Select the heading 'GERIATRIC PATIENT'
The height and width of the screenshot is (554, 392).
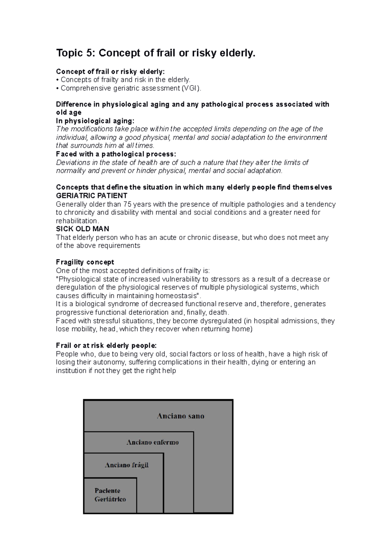click(91, 196)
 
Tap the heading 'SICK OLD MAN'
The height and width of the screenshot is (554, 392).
click(82, 229)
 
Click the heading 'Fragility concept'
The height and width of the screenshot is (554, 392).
click(85, 262)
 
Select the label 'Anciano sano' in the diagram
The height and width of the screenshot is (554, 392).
click(180, 416)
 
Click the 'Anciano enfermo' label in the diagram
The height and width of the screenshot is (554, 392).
click(153, 442)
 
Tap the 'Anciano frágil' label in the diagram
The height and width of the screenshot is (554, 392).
click(126, 465)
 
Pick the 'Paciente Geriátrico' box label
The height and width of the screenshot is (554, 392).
click(110, 495)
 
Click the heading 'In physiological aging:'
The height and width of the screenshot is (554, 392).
click(95, 121)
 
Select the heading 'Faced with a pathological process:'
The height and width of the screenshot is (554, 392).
click(116, 154)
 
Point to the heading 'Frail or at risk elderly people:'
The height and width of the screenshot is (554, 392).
click(106, 346)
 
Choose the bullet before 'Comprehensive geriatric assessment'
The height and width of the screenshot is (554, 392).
click(57, 88)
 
